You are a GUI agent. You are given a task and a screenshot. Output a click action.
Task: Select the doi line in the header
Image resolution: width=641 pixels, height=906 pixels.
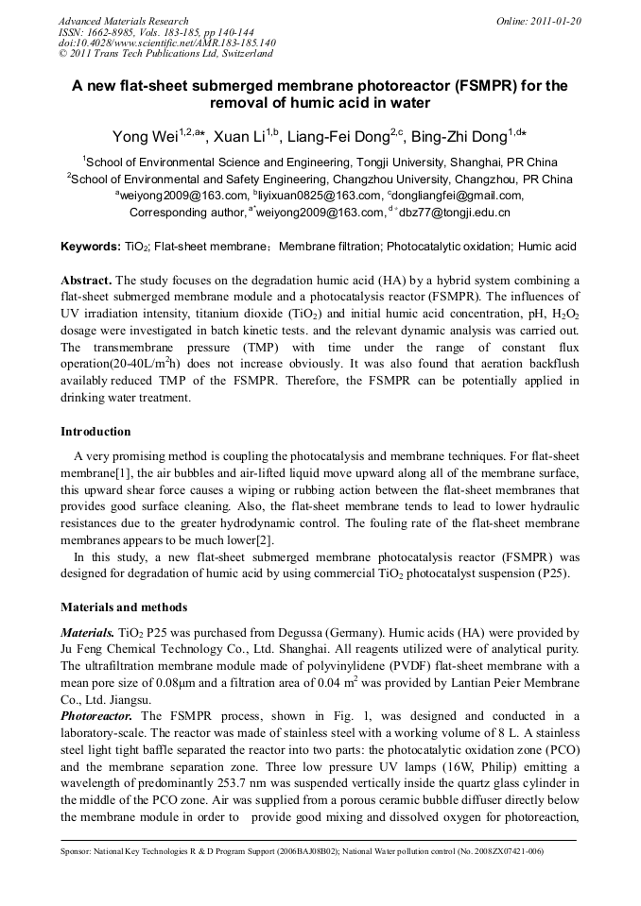[166, 43]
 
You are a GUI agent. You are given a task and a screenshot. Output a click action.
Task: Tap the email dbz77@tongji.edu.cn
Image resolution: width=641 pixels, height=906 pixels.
[447, 212]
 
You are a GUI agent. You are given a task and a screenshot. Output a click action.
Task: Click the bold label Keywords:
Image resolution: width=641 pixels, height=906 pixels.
[91, 247]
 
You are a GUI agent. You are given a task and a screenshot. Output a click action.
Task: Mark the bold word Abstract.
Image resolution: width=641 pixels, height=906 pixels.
[86, 282]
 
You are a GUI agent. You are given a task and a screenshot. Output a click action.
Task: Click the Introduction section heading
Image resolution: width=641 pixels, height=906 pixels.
[95, 432]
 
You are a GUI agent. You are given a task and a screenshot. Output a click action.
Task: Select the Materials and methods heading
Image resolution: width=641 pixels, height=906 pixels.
[124, 607]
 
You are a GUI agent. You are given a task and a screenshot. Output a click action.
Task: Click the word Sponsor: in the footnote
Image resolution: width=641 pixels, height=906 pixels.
[77, 851]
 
